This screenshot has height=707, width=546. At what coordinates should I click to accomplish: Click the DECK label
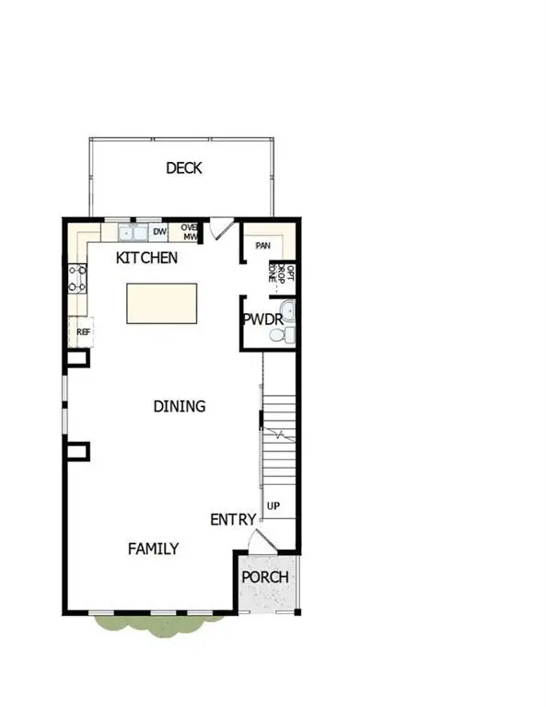coord(183,168)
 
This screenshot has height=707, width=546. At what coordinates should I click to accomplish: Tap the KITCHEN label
coord(146,258)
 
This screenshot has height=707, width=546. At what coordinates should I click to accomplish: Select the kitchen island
coord(162,303)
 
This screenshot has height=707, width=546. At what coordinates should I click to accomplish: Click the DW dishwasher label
coord(159,232)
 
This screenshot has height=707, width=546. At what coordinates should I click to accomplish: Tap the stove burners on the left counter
coord(77,279)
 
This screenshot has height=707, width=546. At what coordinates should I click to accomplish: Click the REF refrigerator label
coord(83,331)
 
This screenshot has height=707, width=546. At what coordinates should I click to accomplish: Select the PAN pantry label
coord(262,246)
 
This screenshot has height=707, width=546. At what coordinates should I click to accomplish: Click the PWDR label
coord(262,319)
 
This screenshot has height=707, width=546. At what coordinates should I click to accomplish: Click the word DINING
coord(179,406)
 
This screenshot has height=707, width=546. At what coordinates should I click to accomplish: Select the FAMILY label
coord(153,549)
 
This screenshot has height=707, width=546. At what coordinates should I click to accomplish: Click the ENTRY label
coord(233,520)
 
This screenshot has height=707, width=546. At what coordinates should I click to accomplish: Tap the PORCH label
coord(265,577)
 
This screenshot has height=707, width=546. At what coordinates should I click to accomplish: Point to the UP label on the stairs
coord(273,506)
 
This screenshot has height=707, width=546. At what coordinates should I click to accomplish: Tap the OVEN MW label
coord(190,231)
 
